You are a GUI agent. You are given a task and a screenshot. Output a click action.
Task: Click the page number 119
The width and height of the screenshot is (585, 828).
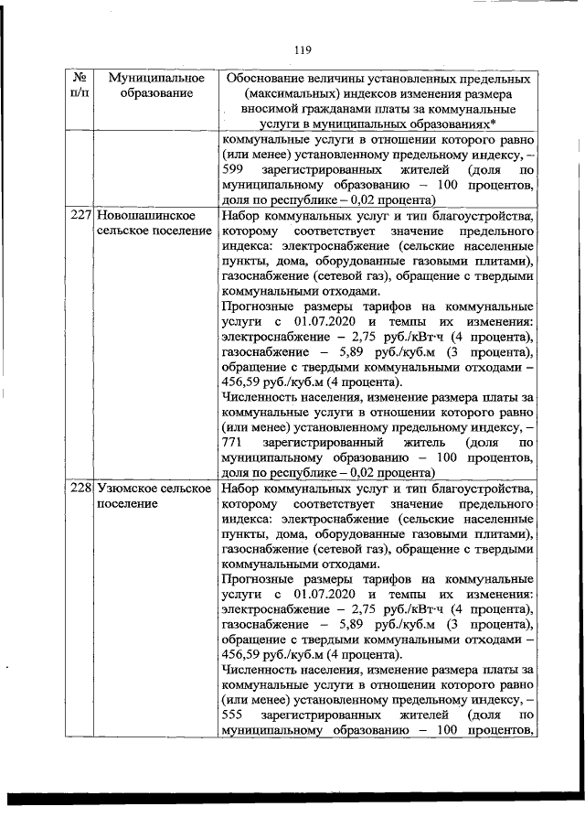(x=303, y=48)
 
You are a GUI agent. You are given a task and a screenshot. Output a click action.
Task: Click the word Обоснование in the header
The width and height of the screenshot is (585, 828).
(x=273, y=78)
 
